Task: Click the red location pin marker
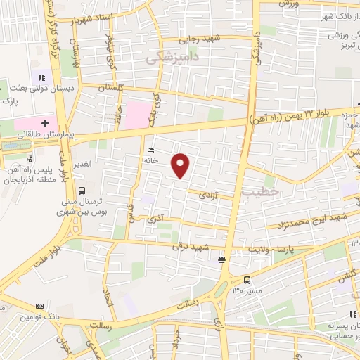181,165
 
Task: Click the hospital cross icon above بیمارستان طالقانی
46,122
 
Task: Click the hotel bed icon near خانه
150,150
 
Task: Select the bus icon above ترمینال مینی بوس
82,190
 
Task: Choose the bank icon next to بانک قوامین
39,306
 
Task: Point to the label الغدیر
83,164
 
